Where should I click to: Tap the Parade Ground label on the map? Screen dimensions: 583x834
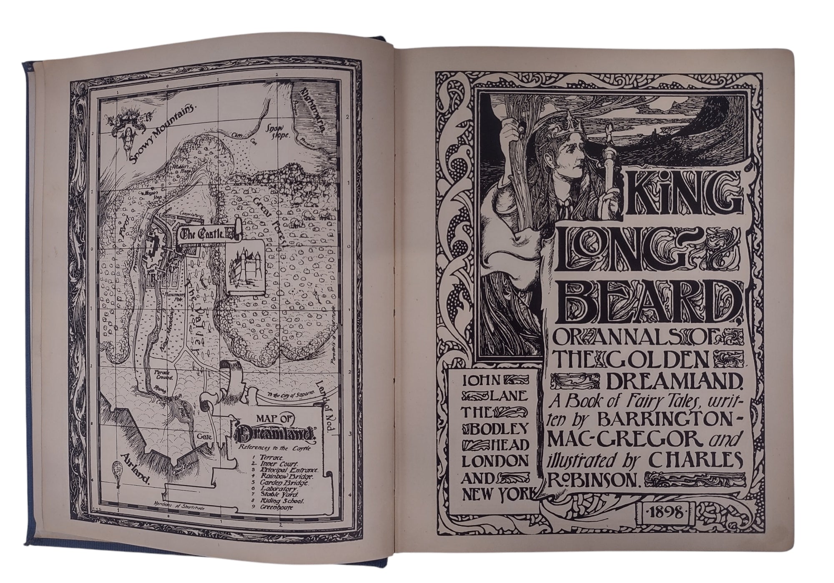pos(161,373)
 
